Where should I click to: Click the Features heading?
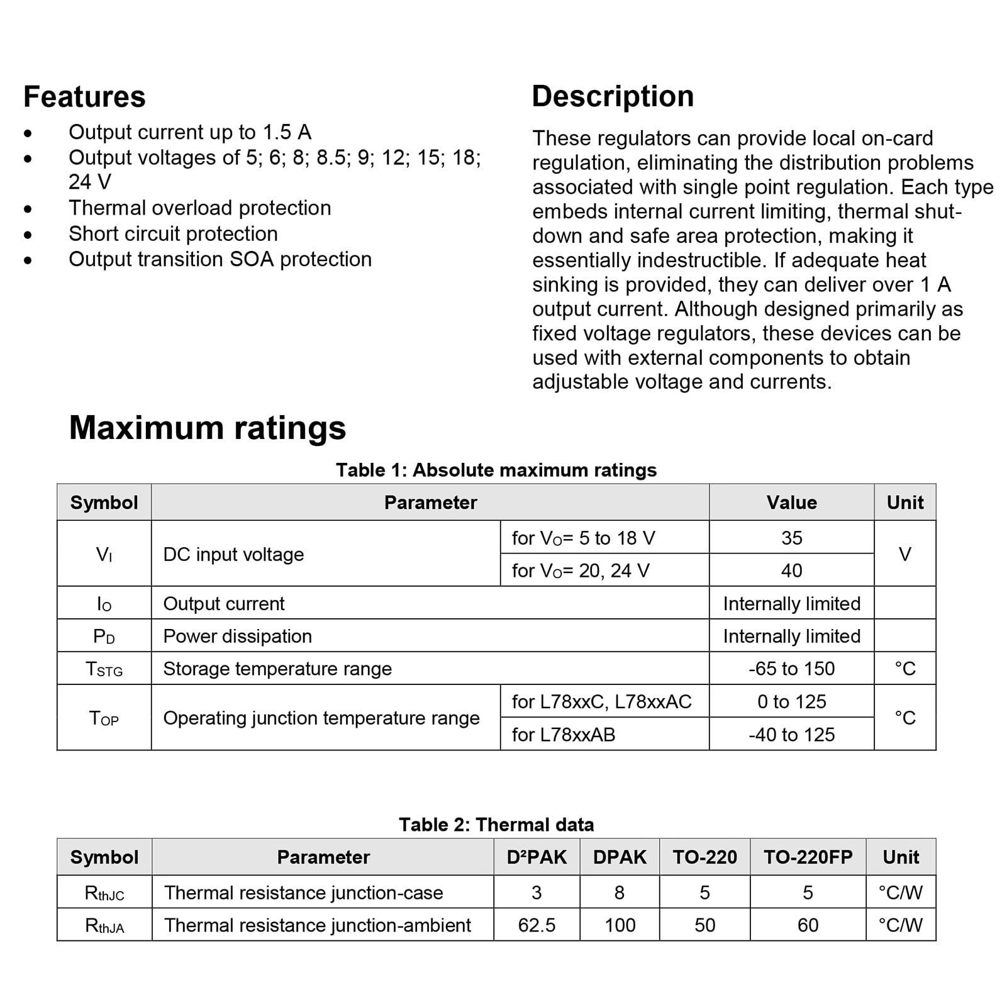(84, 97)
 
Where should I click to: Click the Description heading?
(613, 96)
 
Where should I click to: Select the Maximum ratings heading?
(207, 428)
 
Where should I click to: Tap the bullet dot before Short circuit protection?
(28, 235)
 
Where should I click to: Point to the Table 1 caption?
(496, 470)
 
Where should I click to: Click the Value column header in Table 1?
(791, 502)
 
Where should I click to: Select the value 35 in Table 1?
(791, 538)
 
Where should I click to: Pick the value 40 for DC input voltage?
(791, 570)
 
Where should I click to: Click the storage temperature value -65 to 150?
(791, 669)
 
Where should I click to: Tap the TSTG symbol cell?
(104, 669)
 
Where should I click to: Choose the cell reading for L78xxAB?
(563, 734)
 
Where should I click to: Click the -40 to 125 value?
(791, 734)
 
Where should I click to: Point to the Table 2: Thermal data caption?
(496, 825)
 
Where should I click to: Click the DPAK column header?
(620, 857)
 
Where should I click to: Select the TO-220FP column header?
(808, 857)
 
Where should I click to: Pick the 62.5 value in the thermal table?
(537, 925)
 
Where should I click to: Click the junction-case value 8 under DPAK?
(620, 893)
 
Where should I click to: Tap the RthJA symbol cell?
(104, 925)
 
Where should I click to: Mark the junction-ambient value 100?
(620, 925)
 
